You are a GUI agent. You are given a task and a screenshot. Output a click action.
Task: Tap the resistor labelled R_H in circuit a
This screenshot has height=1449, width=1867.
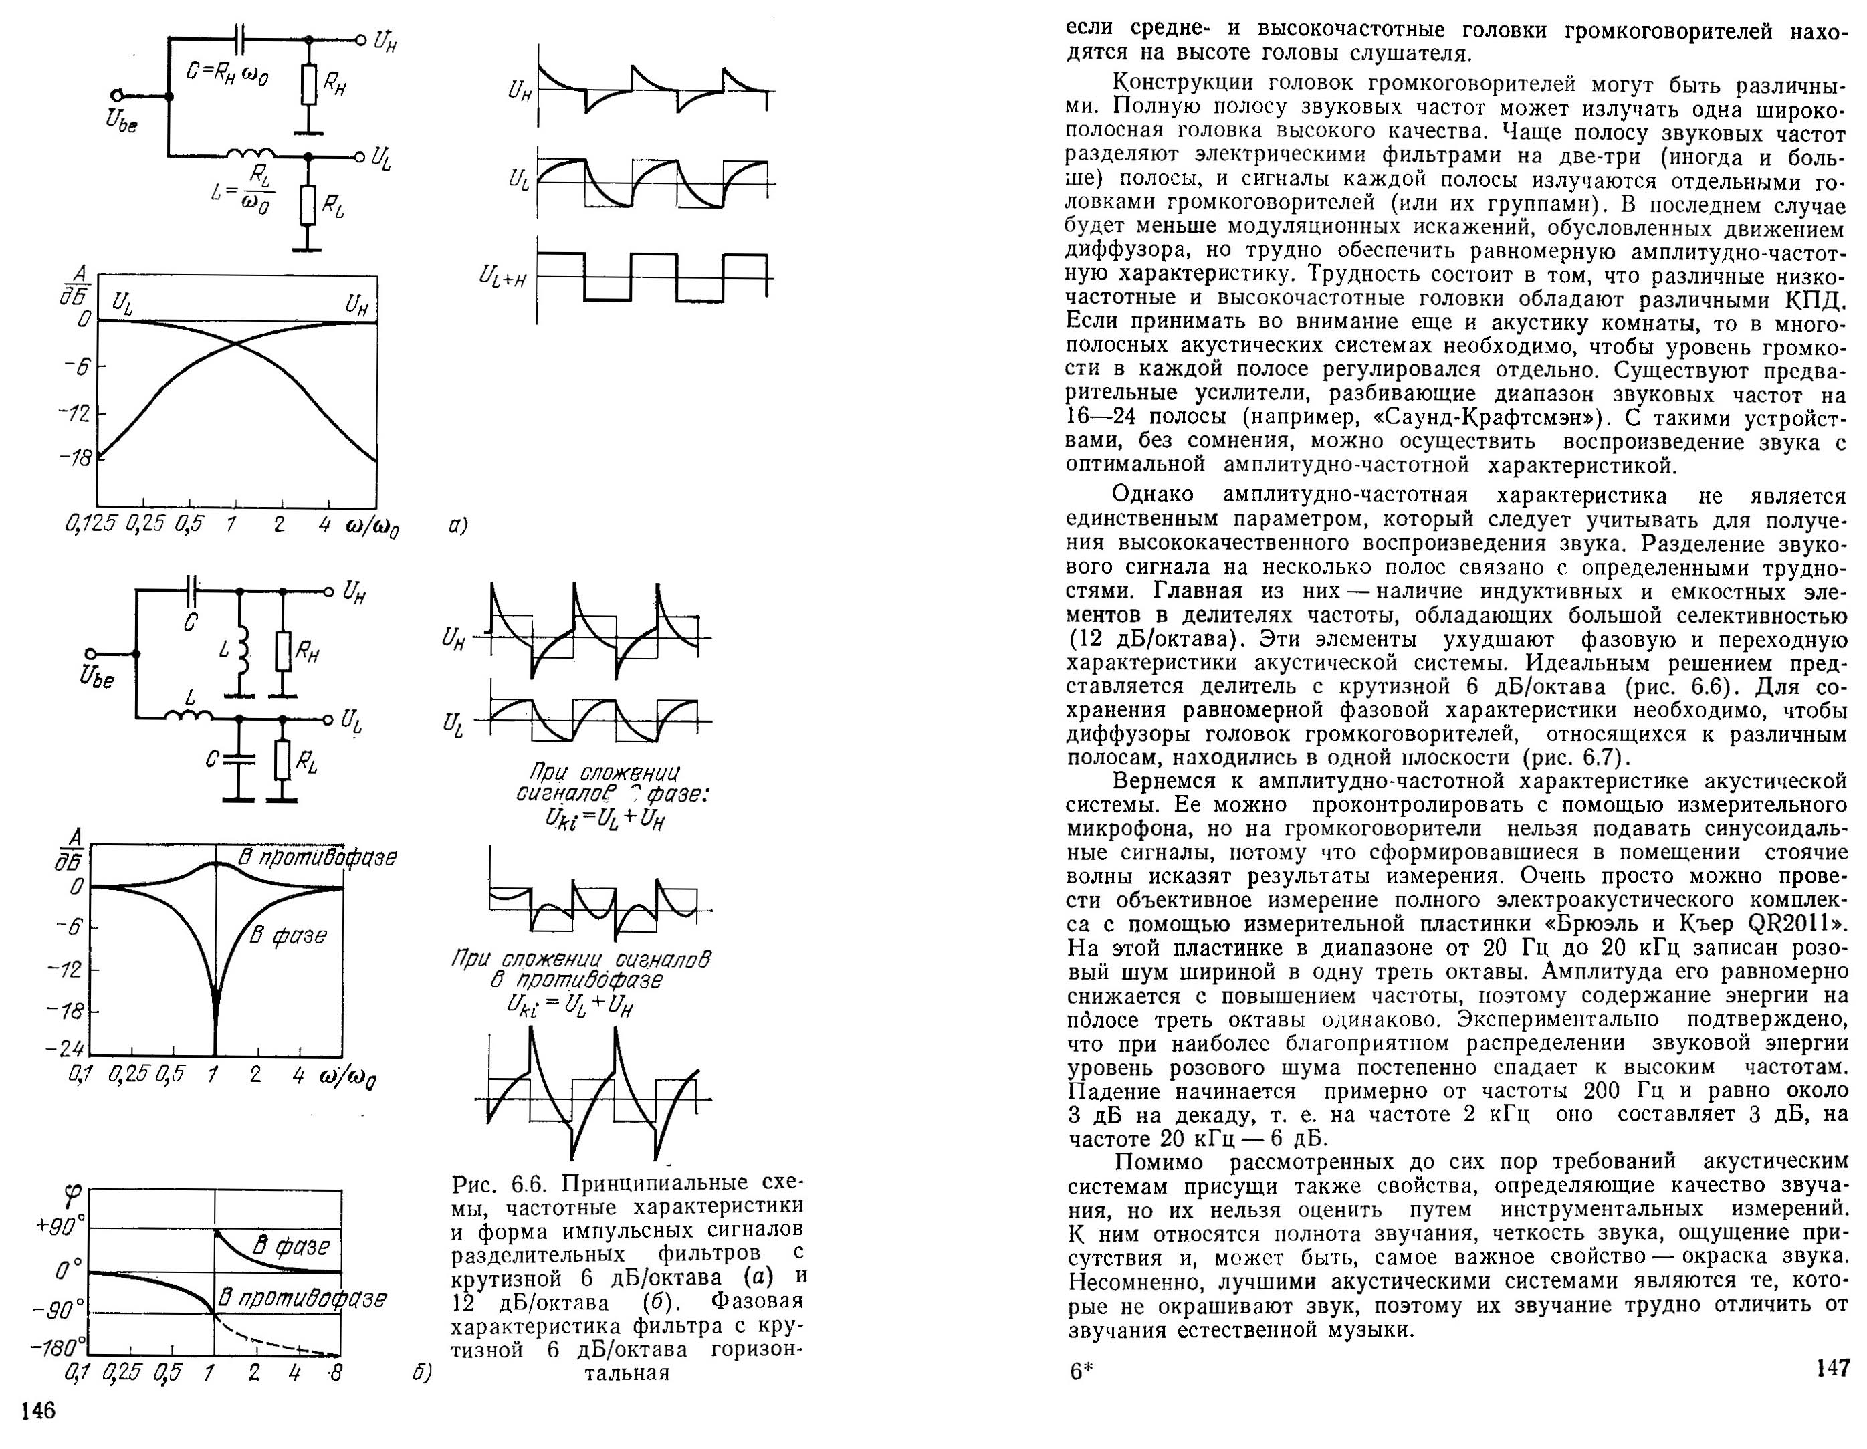pyautogui.click(x=308, y=84)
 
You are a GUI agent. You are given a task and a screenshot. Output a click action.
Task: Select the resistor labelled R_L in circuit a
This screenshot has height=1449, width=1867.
pyautogui.click(x=308, y=203)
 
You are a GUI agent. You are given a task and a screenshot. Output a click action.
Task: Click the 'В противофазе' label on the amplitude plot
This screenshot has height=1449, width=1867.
pyautogui.click(x=316, y=857)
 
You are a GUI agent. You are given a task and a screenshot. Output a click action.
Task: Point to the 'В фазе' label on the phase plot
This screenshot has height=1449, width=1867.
pyautogui.click(x=291, y=1246)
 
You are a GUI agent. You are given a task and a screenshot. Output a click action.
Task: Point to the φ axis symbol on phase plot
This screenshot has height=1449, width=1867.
pyautogui.click(x=74, y=1194)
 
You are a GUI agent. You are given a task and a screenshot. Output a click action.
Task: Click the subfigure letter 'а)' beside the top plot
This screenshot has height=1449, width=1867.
pyautogui.click(x=458, y=526)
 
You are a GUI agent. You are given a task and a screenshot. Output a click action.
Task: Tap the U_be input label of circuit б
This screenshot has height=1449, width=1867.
pyautogui.click(x=96, y=679)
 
